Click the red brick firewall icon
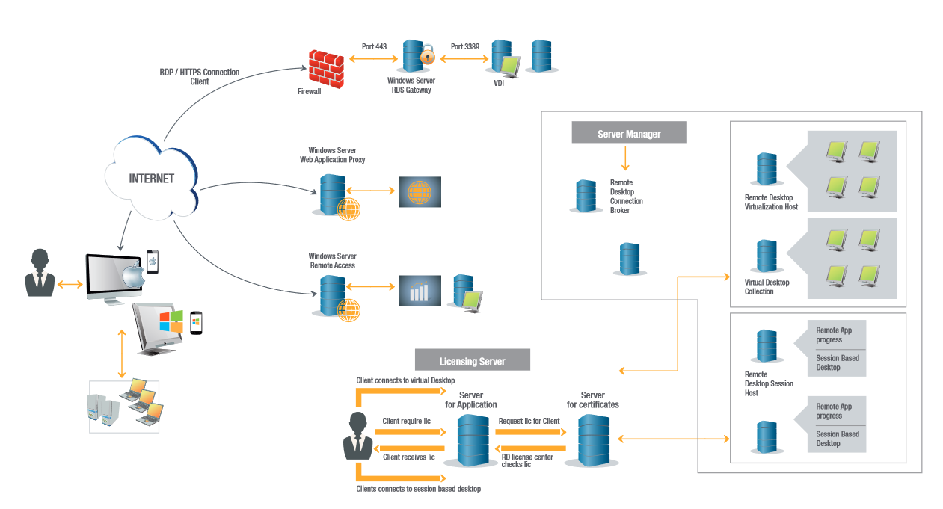pyautogui.click(x=325, y=67)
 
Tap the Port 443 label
pyautogui.click(x=374, y=46)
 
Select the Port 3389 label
pyautogui.click(x=464, y=46)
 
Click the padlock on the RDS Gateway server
pyautogui.click(x=427, y=55)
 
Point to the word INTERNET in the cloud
pyautogui.click(x=151, y=179)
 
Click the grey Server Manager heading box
pyautogui.click(x=628, y=134)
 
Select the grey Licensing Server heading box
pyautogui.click(x=472, y=361)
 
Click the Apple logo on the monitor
pyautogui.click(x=132, y=277)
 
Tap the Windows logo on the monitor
pyautogui.click(x=171, y=321)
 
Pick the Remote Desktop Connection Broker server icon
pyautogui.click(x=586, y=196)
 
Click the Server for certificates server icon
pyautogui.click(x=592, y=440)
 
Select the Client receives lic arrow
pyautogui.click(x=408, y=448)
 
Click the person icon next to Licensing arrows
pyautogui.click(x=357, y=436)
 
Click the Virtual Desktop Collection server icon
pyautogui.click(x=766, y=256)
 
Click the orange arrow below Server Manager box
pyautogui.click(x=625, y=158)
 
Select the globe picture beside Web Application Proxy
pyautogui.click(x=420, y=191)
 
